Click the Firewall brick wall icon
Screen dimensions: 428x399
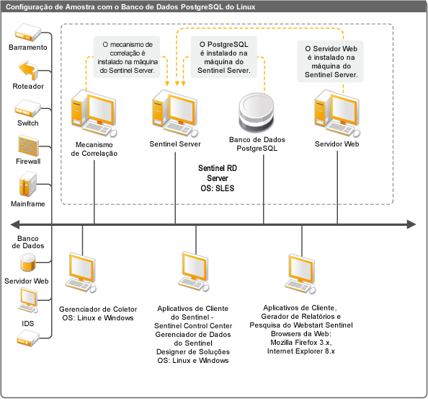[28, 146]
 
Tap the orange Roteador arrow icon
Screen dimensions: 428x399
[28, 71]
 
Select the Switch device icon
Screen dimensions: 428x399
[27, 108]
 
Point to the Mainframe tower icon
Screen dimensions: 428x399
[28, 184]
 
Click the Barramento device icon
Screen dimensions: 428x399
[28, 32]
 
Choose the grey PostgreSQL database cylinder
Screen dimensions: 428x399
[256, 113]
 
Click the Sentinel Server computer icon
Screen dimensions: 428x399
[175, 113]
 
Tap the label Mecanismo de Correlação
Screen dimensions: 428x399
[94, 149]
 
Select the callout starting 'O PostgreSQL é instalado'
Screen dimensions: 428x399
[224, 57]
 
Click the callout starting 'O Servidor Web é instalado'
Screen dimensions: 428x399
[331, 61]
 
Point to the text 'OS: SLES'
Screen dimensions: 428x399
[218, 188]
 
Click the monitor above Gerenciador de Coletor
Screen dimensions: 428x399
[81, 273]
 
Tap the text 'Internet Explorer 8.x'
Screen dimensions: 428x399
[301, 351]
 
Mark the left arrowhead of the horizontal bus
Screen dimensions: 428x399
[14, 224]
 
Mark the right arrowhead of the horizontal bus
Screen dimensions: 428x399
[411, 224]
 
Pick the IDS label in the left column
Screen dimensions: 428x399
[28, 323]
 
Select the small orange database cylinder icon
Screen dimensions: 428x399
[28, 262]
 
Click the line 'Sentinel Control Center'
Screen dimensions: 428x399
[193, 325]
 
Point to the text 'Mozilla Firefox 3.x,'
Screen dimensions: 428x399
[301, 343]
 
